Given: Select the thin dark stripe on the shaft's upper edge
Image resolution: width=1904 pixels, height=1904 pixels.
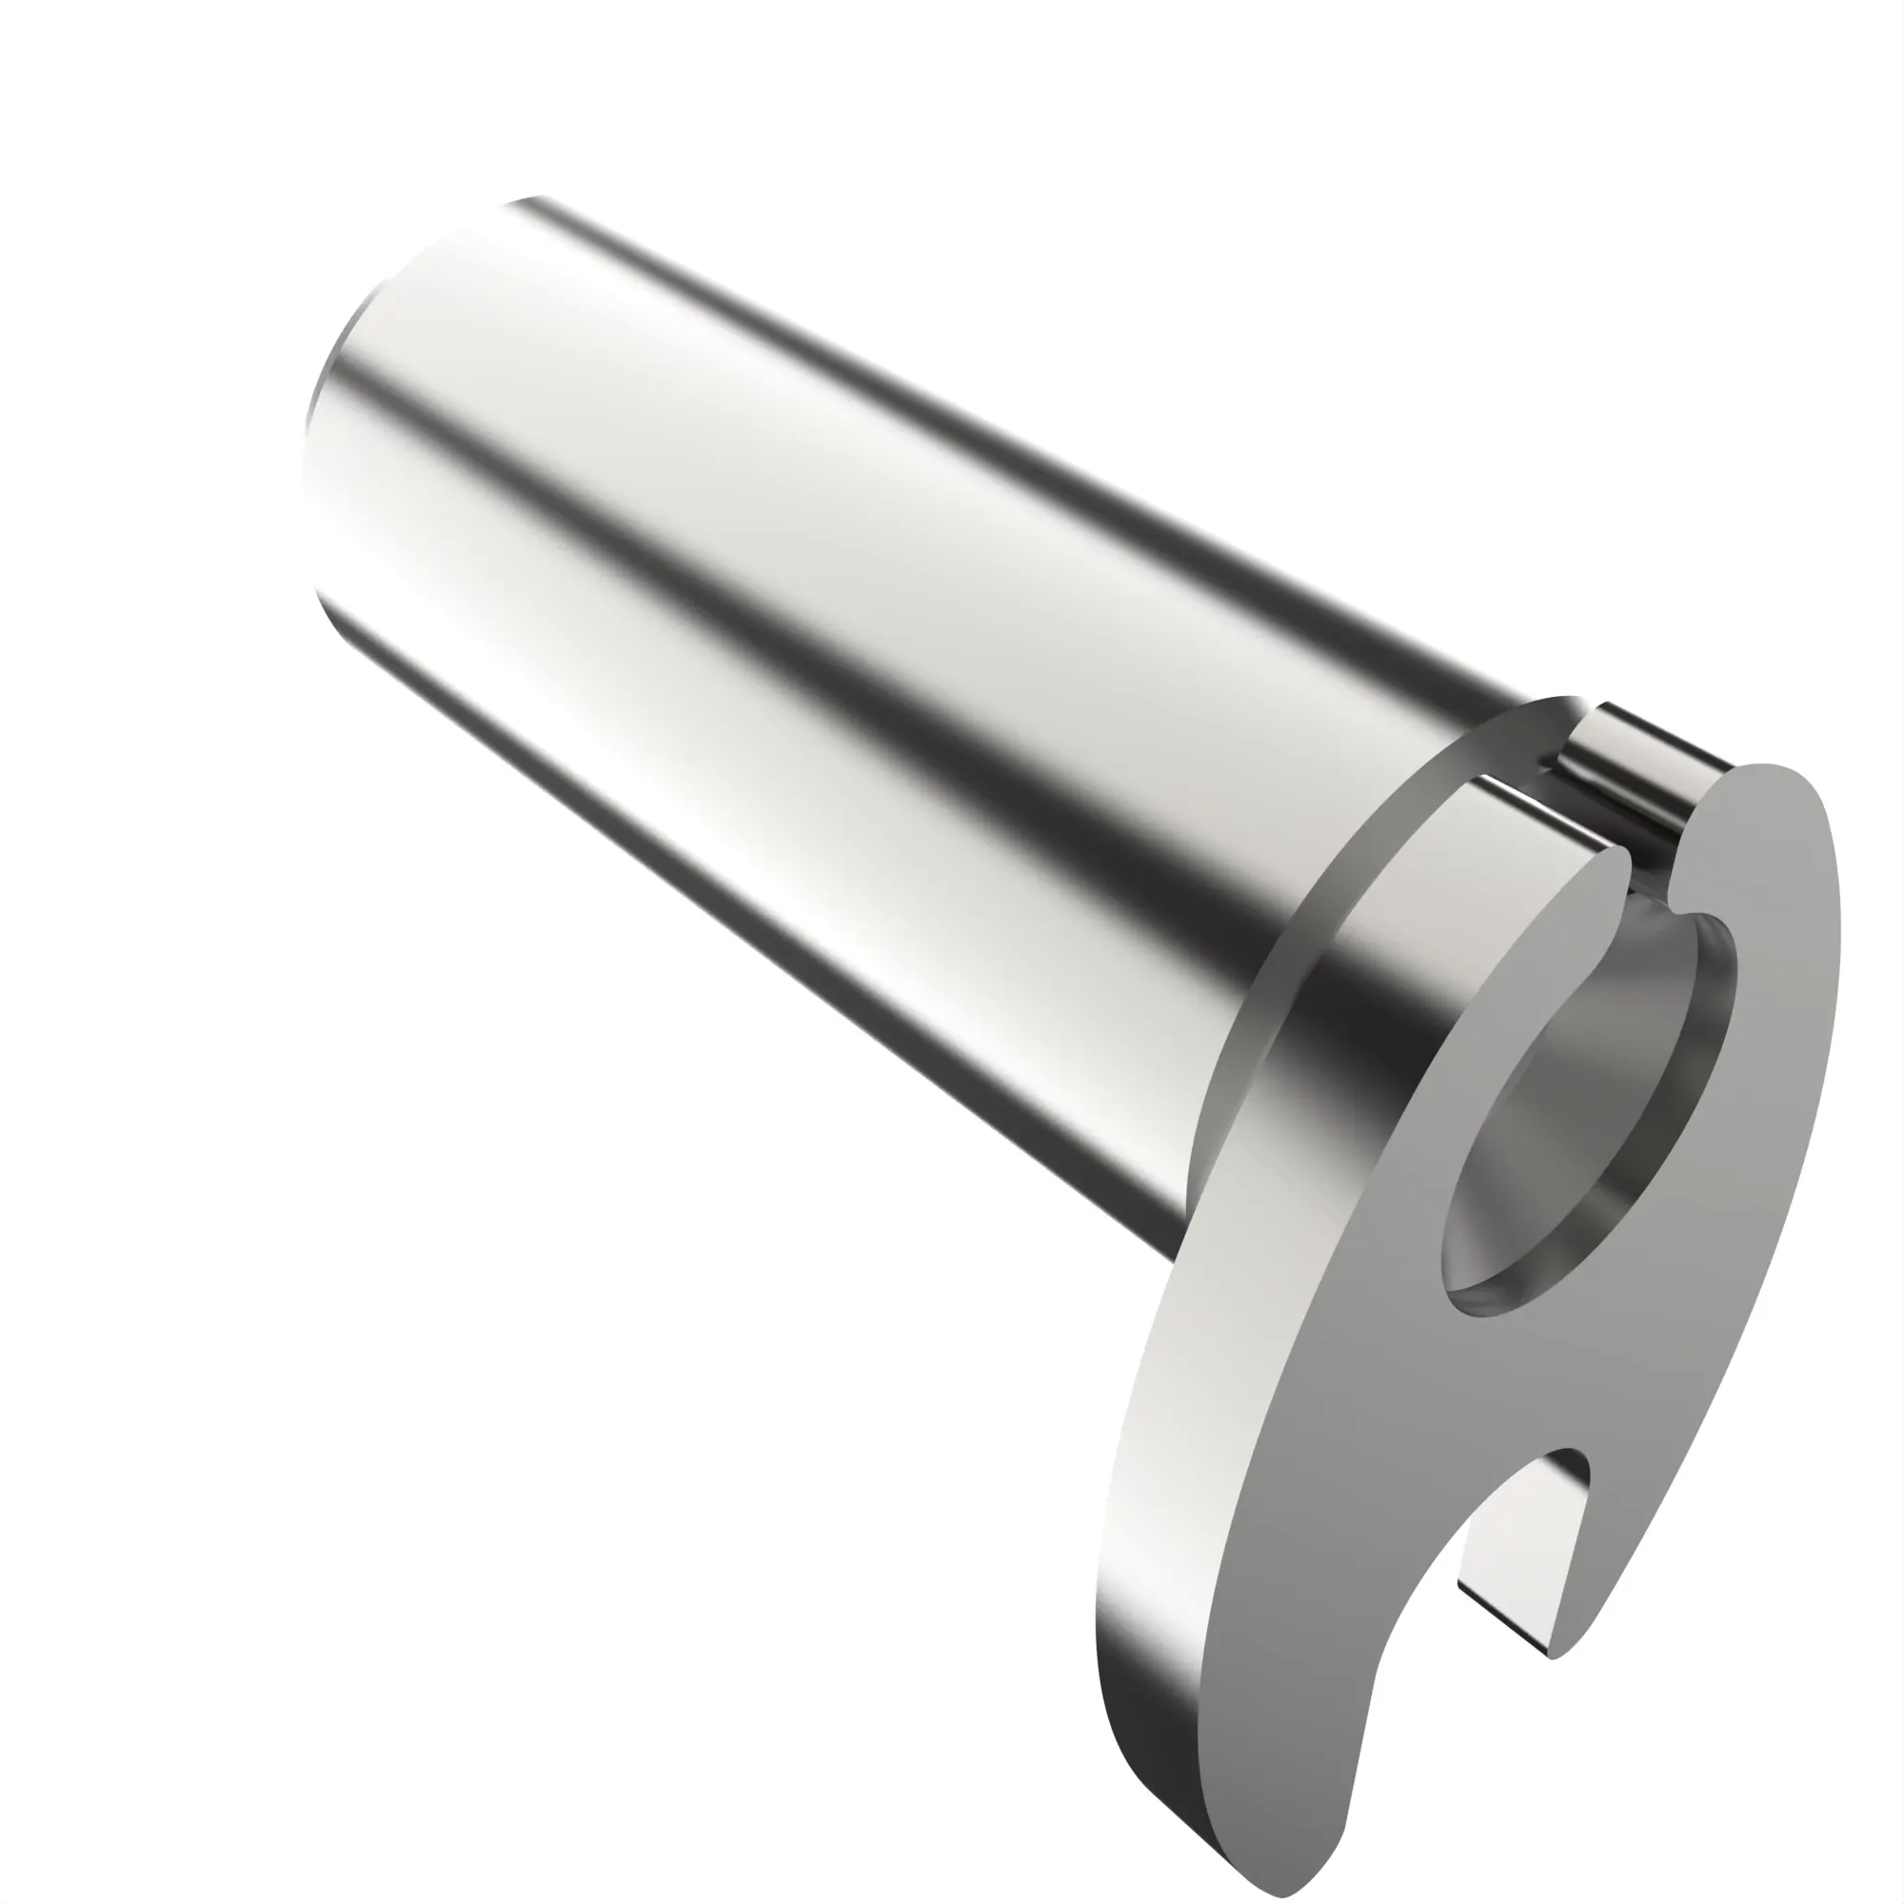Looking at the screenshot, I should click(985, 394).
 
